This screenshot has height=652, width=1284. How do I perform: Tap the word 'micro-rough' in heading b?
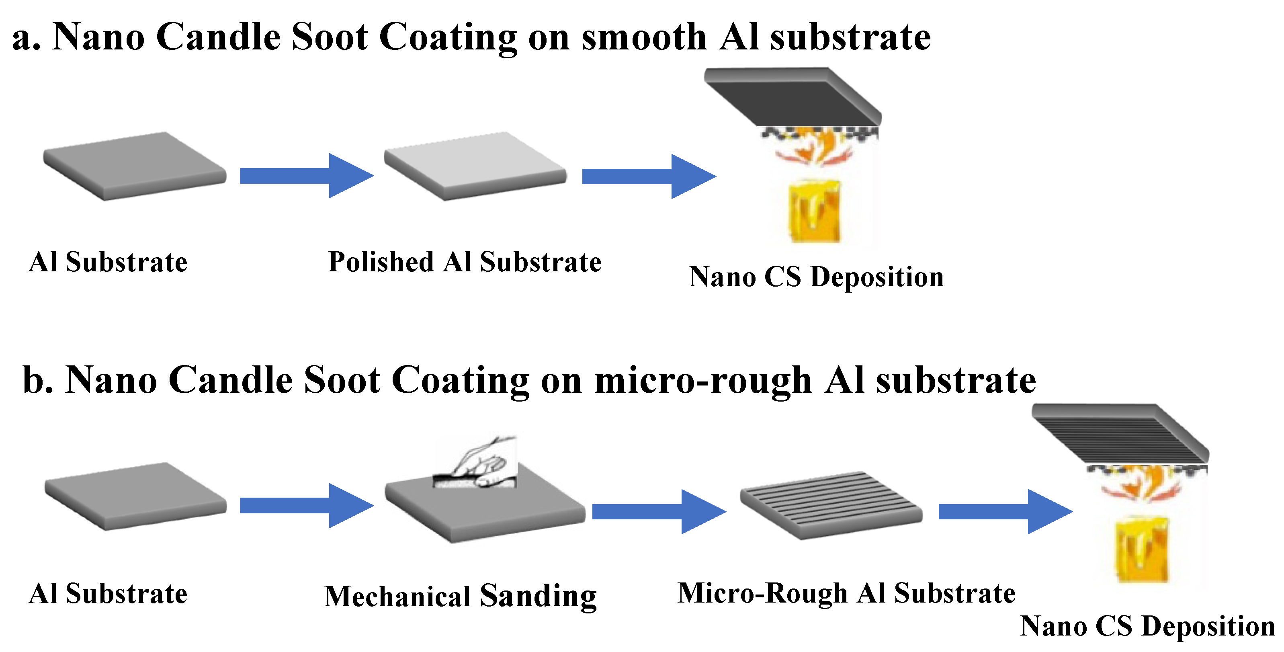pyautogui.click(x=703, y=380)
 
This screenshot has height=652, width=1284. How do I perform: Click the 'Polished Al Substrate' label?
pyautogui.click(x=465, y=262)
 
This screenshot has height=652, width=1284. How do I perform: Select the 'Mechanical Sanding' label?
pyautogui.click(x=461, y=596)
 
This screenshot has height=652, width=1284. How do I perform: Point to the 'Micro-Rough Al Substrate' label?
pyautogui.click(x=846, y=593)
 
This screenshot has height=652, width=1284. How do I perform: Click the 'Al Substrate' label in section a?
pyautogui.click(x=108, y=262)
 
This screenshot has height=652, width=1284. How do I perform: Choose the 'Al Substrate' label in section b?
pyautogui.click(x=108, y=594)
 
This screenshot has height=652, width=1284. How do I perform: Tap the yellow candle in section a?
pyautogui.click(x=814, y=212)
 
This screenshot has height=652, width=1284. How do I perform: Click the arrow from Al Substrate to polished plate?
pyautogui.click(x=306, y=176)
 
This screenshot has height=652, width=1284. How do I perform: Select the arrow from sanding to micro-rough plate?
pyautogui.click(x=658, y=511)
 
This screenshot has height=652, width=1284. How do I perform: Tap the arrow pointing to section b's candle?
pyautogui.click(x=1004, y=511)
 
